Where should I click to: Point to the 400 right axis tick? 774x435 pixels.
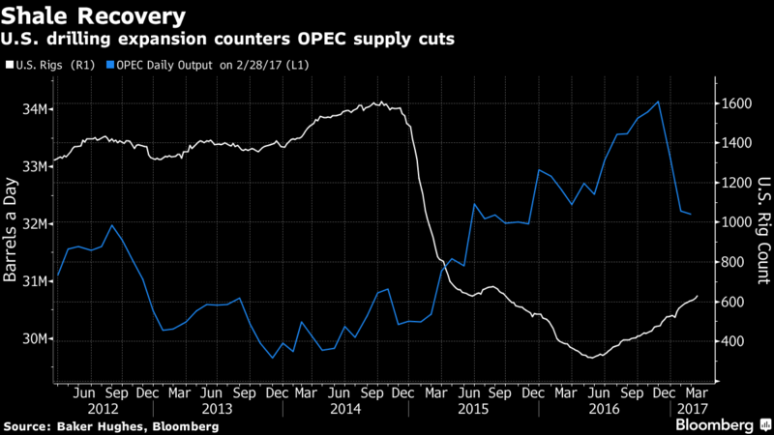point(733,342)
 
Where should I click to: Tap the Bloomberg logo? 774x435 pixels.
point(716,424)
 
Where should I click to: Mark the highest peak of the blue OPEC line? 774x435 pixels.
point(659,101)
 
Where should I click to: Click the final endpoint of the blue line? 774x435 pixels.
point(690,214)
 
